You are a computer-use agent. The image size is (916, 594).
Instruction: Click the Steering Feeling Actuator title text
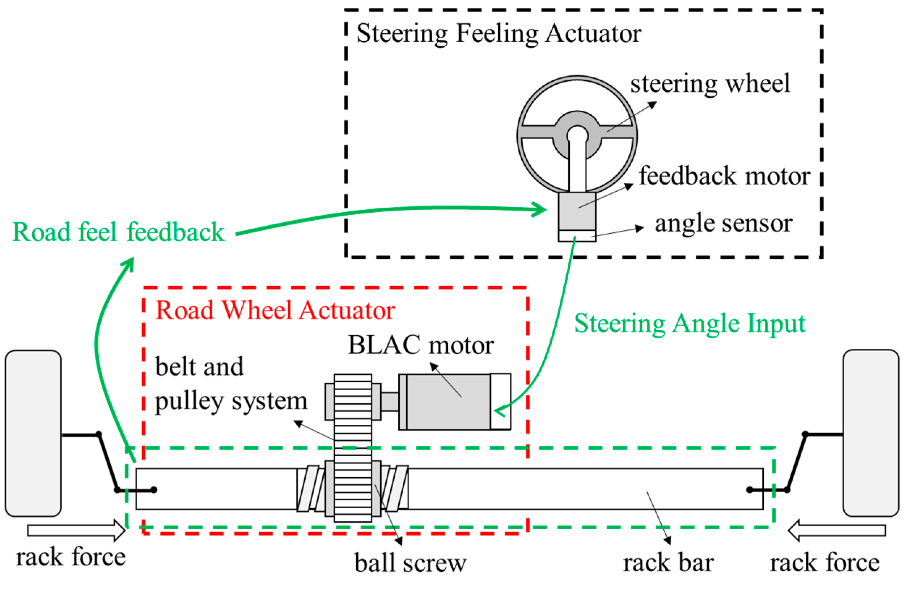pyautogui.click(x=499, y=34)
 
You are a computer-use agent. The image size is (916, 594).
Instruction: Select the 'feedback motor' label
pyautogui.click(x=724, y=176)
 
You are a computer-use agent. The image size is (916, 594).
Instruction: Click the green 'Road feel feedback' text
pyautogui.click(x=118, y=232)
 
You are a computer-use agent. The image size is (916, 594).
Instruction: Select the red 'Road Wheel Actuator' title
pyautogui.click(x=275, y=310)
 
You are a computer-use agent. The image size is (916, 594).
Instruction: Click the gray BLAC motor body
pyautogui.click(x=448, y=402)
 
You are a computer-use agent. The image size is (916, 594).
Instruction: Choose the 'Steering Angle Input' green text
pyautogui.click(x=689, y=323)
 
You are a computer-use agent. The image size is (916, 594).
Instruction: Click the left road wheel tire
pyautogui.click(x=33, y=433)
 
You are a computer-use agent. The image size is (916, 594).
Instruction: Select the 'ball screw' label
pyautogui.click(x=410, y=563)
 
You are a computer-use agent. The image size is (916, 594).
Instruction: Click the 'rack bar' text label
pyautogui.click(x=668, y=563)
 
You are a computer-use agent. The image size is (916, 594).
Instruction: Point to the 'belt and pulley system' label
pyautogui.click(x=231, y=383)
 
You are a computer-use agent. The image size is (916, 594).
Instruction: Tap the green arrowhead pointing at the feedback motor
pyautogui.click(x=540, y=209)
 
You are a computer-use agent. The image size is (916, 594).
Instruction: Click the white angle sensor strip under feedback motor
pyautogui.click(x=577, y=236)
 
